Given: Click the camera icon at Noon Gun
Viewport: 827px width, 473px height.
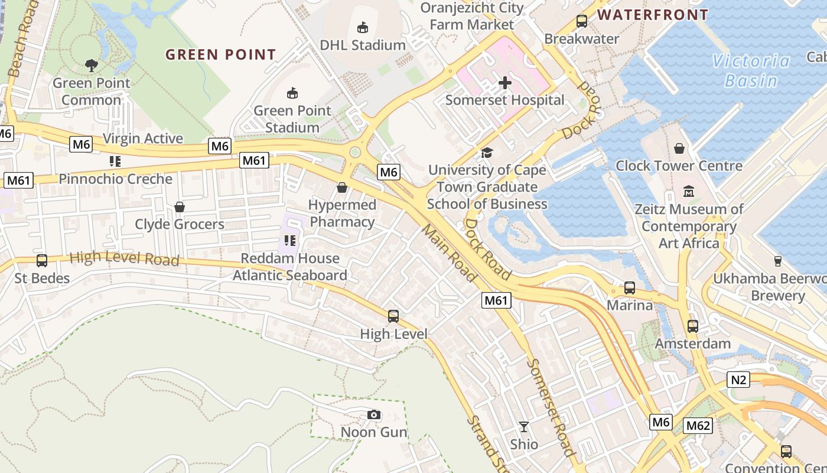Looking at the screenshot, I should point(373,414).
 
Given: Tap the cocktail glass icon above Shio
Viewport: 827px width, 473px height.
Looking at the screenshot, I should point(524,426).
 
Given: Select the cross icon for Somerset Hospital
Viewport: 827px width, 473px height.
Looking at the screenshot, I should point(505,83).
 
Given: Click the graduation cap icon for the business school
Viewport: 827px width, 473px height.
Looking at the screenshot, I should point(487,153).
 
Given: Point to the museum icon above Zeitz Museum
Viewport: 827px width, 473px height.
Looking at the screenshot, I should point(689,192).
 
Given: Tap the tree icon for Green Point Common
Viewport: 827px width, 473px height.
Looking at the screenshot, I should point(91,65).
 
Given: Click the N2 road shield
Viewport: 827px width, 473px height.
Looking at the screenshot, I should point(738,379).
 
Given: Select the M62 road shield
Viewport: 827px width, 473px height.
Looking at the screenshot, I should point(698,425).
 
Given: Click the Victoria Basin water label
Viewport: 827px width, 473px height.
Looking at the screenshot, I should point(750,70).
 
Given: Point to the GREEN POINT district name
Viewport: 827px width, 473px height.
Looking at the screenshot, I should point(220,55).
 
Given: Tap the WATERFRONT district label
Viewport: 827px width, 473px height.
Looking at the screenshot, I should point(653,15).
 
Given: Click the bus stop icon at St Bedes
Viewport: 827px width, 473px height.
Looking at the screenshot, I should point(42,261).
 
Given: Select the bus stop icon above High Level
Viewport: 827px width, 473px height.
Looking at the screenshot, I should point(393,316).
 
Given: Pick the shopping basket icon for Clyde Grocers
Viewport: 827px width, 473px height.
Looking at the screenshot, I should point(180,207).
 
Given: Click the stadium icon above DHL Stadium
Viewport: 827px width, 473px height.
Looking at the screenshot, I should point(363,27).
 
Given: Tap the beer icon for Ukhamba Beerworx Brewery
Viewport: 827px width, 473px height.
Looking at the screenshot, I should point(777,261).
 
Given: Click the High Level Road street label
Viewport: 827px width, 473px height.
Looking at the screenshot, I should point(124,258).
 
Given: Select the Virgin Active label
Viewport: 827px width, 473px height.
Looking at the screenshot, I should point(143,138).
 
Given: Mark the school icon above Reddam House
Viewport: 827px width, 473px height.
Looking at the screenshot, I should point(289,241).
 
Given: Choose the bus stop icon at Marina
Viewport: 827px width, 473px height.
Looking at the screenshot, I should point(630,288).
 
